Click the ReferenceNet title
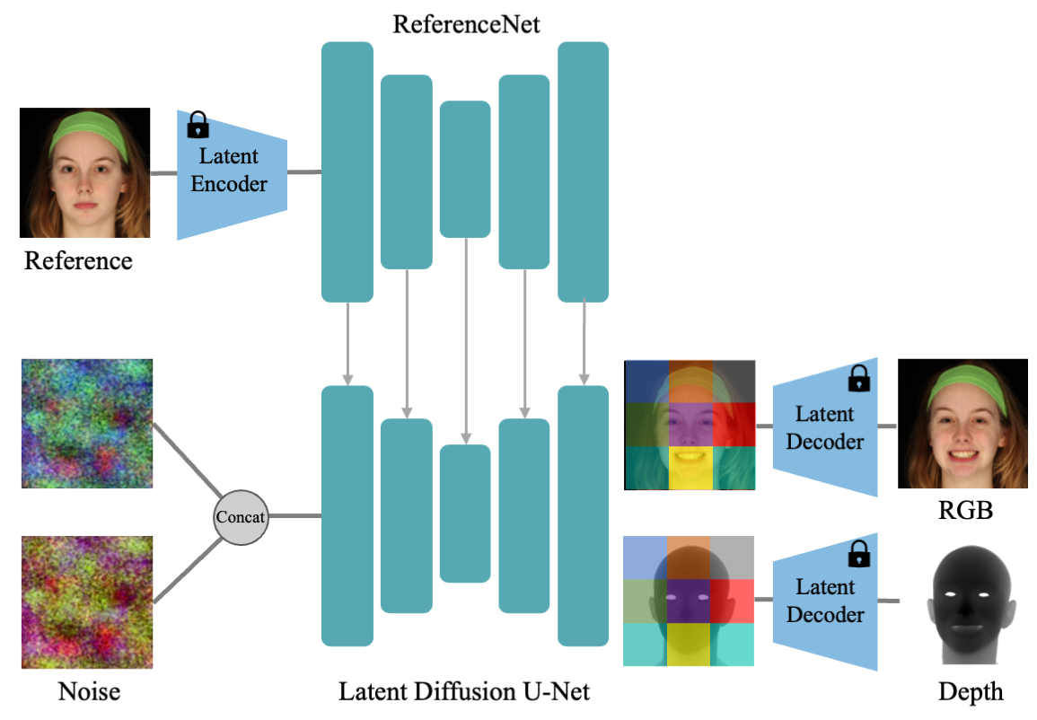click(467, 23)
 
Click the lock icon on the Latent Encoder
click(197, 124)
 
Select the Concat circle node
click(241, 516)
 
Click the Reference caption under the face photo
click(78, 260)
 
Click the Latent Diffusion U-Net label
click(464, 691)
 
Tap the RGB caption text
click(960, 512)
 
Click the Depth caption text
click(971, 692)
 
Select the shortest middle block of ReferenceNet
click(465, 169)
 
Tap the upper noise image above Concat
click(86, 424)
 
